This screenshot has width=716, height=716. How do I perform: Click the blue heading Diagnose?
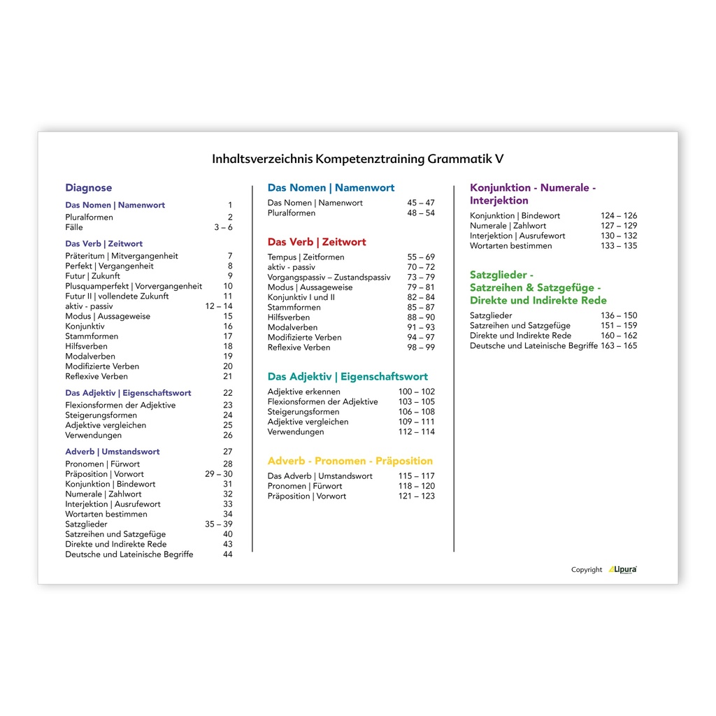(x=89, y=188)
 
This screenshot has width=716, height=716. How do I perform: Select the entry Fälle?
(x=74, y=227)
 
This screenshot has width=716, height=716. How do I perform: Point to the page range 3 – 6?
(x=223, y=227)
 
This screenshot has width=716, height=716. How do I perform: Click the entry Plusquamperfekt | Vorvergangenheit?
(x=134, y=286)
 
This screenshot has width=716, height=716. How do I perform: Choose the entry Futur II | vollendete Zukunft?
(x=117, y=296)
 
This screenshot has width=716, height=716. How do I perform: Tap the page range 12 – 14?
(x=219, y=306)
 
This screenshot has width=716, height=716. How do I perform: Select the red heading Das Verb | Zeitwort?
(x=317, y=242)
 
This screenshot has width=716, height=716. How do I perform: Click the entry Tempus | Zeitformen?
(x=301, y=257)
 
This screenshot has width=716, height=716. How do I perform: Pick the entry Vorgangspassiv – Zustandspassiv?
(x=329, y=278)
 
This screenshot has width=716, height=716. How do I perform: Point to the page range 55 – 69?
(x=421, y=257)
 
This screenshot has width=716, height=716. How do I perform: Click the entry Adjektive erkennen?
(x=304, y=392)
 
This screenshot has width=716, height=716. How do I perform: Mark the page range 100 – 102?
(x=417, y=392)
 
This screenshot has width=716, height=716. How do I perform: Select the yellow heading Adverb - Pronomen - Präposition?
(x=350, y=461)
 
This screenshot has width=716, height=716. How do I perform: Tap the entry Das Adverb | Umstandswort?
(x=320, y=476)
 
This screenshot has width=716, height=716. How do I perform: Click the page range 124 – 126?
(x=619, y=216)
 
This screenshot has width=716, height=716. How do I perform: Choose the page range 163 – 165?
(x=619, y=345)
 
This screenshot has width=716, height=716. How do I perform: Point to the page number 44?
(x=228, y=554)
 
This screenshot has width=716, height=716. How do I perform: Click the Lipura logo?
(x=622, y=569)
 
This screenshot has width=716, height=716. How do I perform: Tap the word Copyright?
(x=587, y=570)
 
